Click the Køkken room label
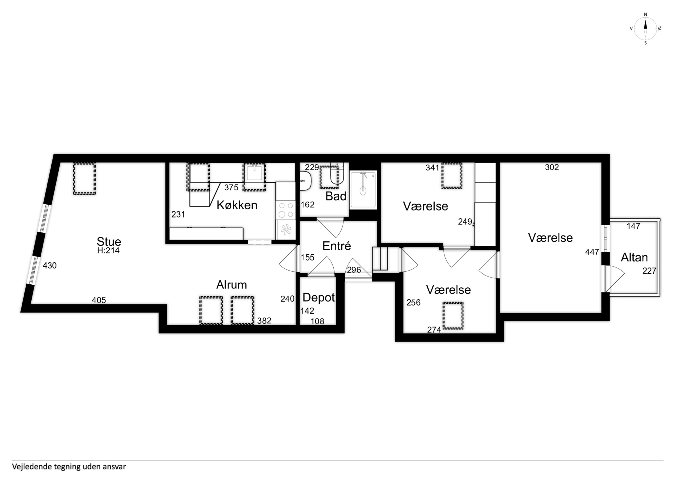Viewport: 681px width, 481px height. [237, 205]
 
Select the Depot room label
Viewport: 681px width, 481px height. [318, 297]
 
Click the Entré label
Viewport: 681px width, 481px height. [337, 246]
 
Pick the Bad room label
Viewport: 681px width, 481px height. [336, 196]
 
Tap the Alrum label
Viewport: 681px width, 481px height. [232, 285]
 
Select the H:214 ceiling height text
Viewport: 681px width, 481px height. [108, 251]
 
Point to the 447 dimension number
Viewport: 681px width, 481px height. [592, 252]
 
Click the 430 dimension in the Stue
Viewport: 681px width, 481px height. [49, 266]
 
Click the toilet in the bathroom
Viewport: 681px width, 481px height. [306, 181]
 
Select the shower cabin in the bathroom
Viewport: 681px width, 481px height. [363, 190]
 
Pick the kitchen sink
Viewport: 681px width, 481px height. [254, 173]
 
